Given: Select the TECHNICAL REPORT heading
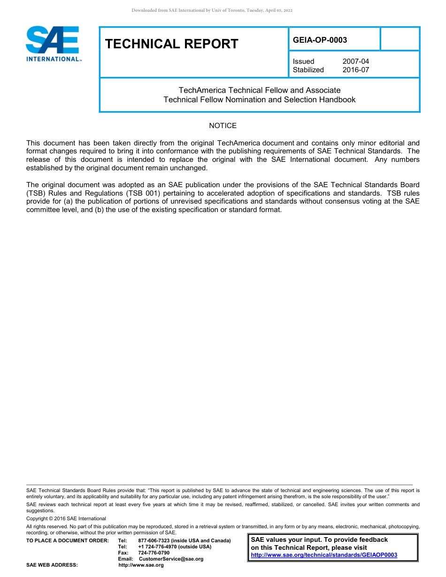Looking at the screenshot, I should (x=172, y=44).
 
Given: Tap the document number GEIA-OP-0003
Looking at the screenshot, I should (x=320, y=40).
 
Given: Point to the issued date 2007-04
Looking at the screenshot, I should (x=355, y=61).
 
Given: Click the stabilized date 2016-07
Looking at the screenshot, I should (x=355, y=70).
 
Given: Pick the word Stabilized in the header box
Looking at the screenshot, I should (x=308, y=70).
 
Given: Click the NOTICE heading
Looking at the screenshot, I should (x=223, y=126).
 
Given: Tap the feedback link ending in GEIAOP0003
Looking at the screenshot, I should (x=324, y=555).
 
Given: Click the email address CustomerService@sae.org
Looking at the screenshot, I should (x=171, y=559).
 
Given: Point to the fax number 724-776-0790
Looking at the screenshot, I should (x=154, y=553).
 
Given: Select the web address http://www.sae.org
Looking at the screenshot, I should (x=141, y=565).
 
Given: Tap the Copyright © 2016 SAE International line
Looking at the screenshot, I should (x=66, y=519).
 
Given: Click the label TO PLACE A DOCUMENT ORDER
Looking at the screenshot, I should (x=67, y=541).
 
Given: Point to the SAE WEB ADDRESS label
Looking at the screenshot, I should (x=52, y=565).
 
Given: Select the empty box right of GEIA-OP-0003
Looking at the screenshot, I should (x=399, y=39).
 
